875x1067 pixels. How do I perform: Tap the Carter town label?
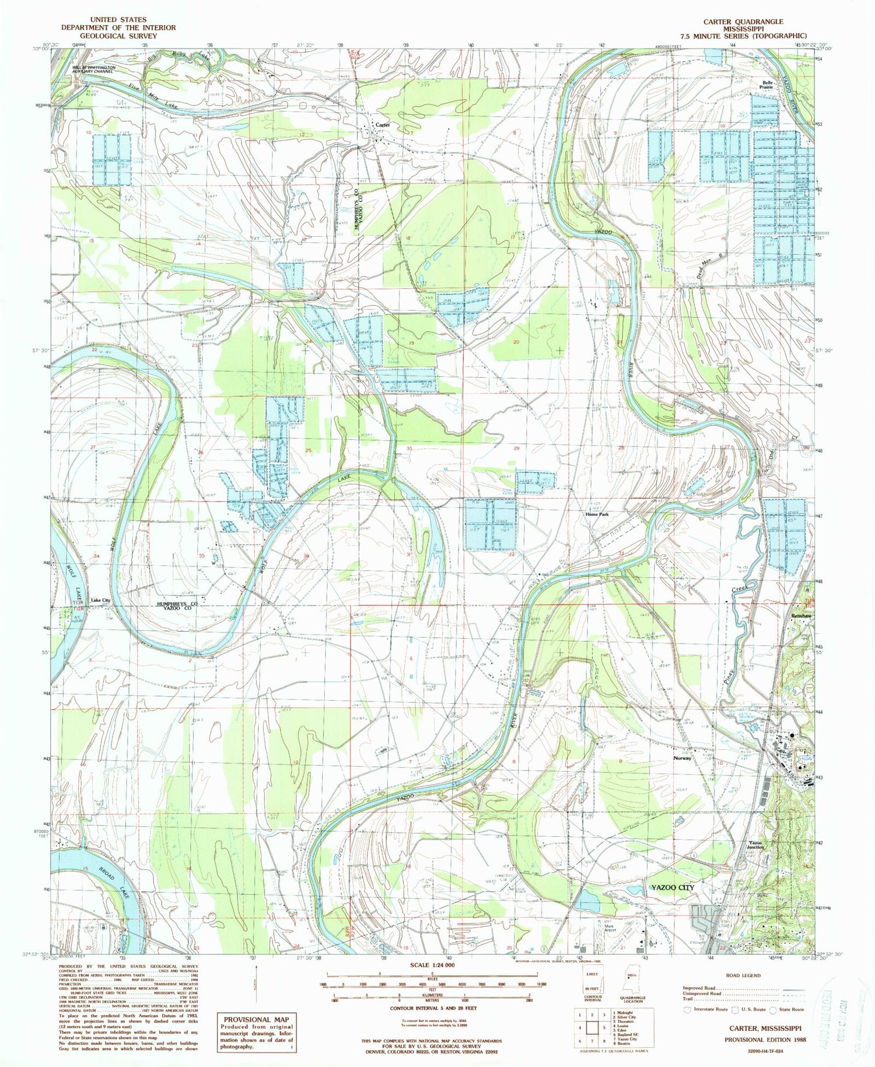pos(382,125)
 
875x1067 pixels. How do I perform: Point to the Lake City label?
pos(100,600)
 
